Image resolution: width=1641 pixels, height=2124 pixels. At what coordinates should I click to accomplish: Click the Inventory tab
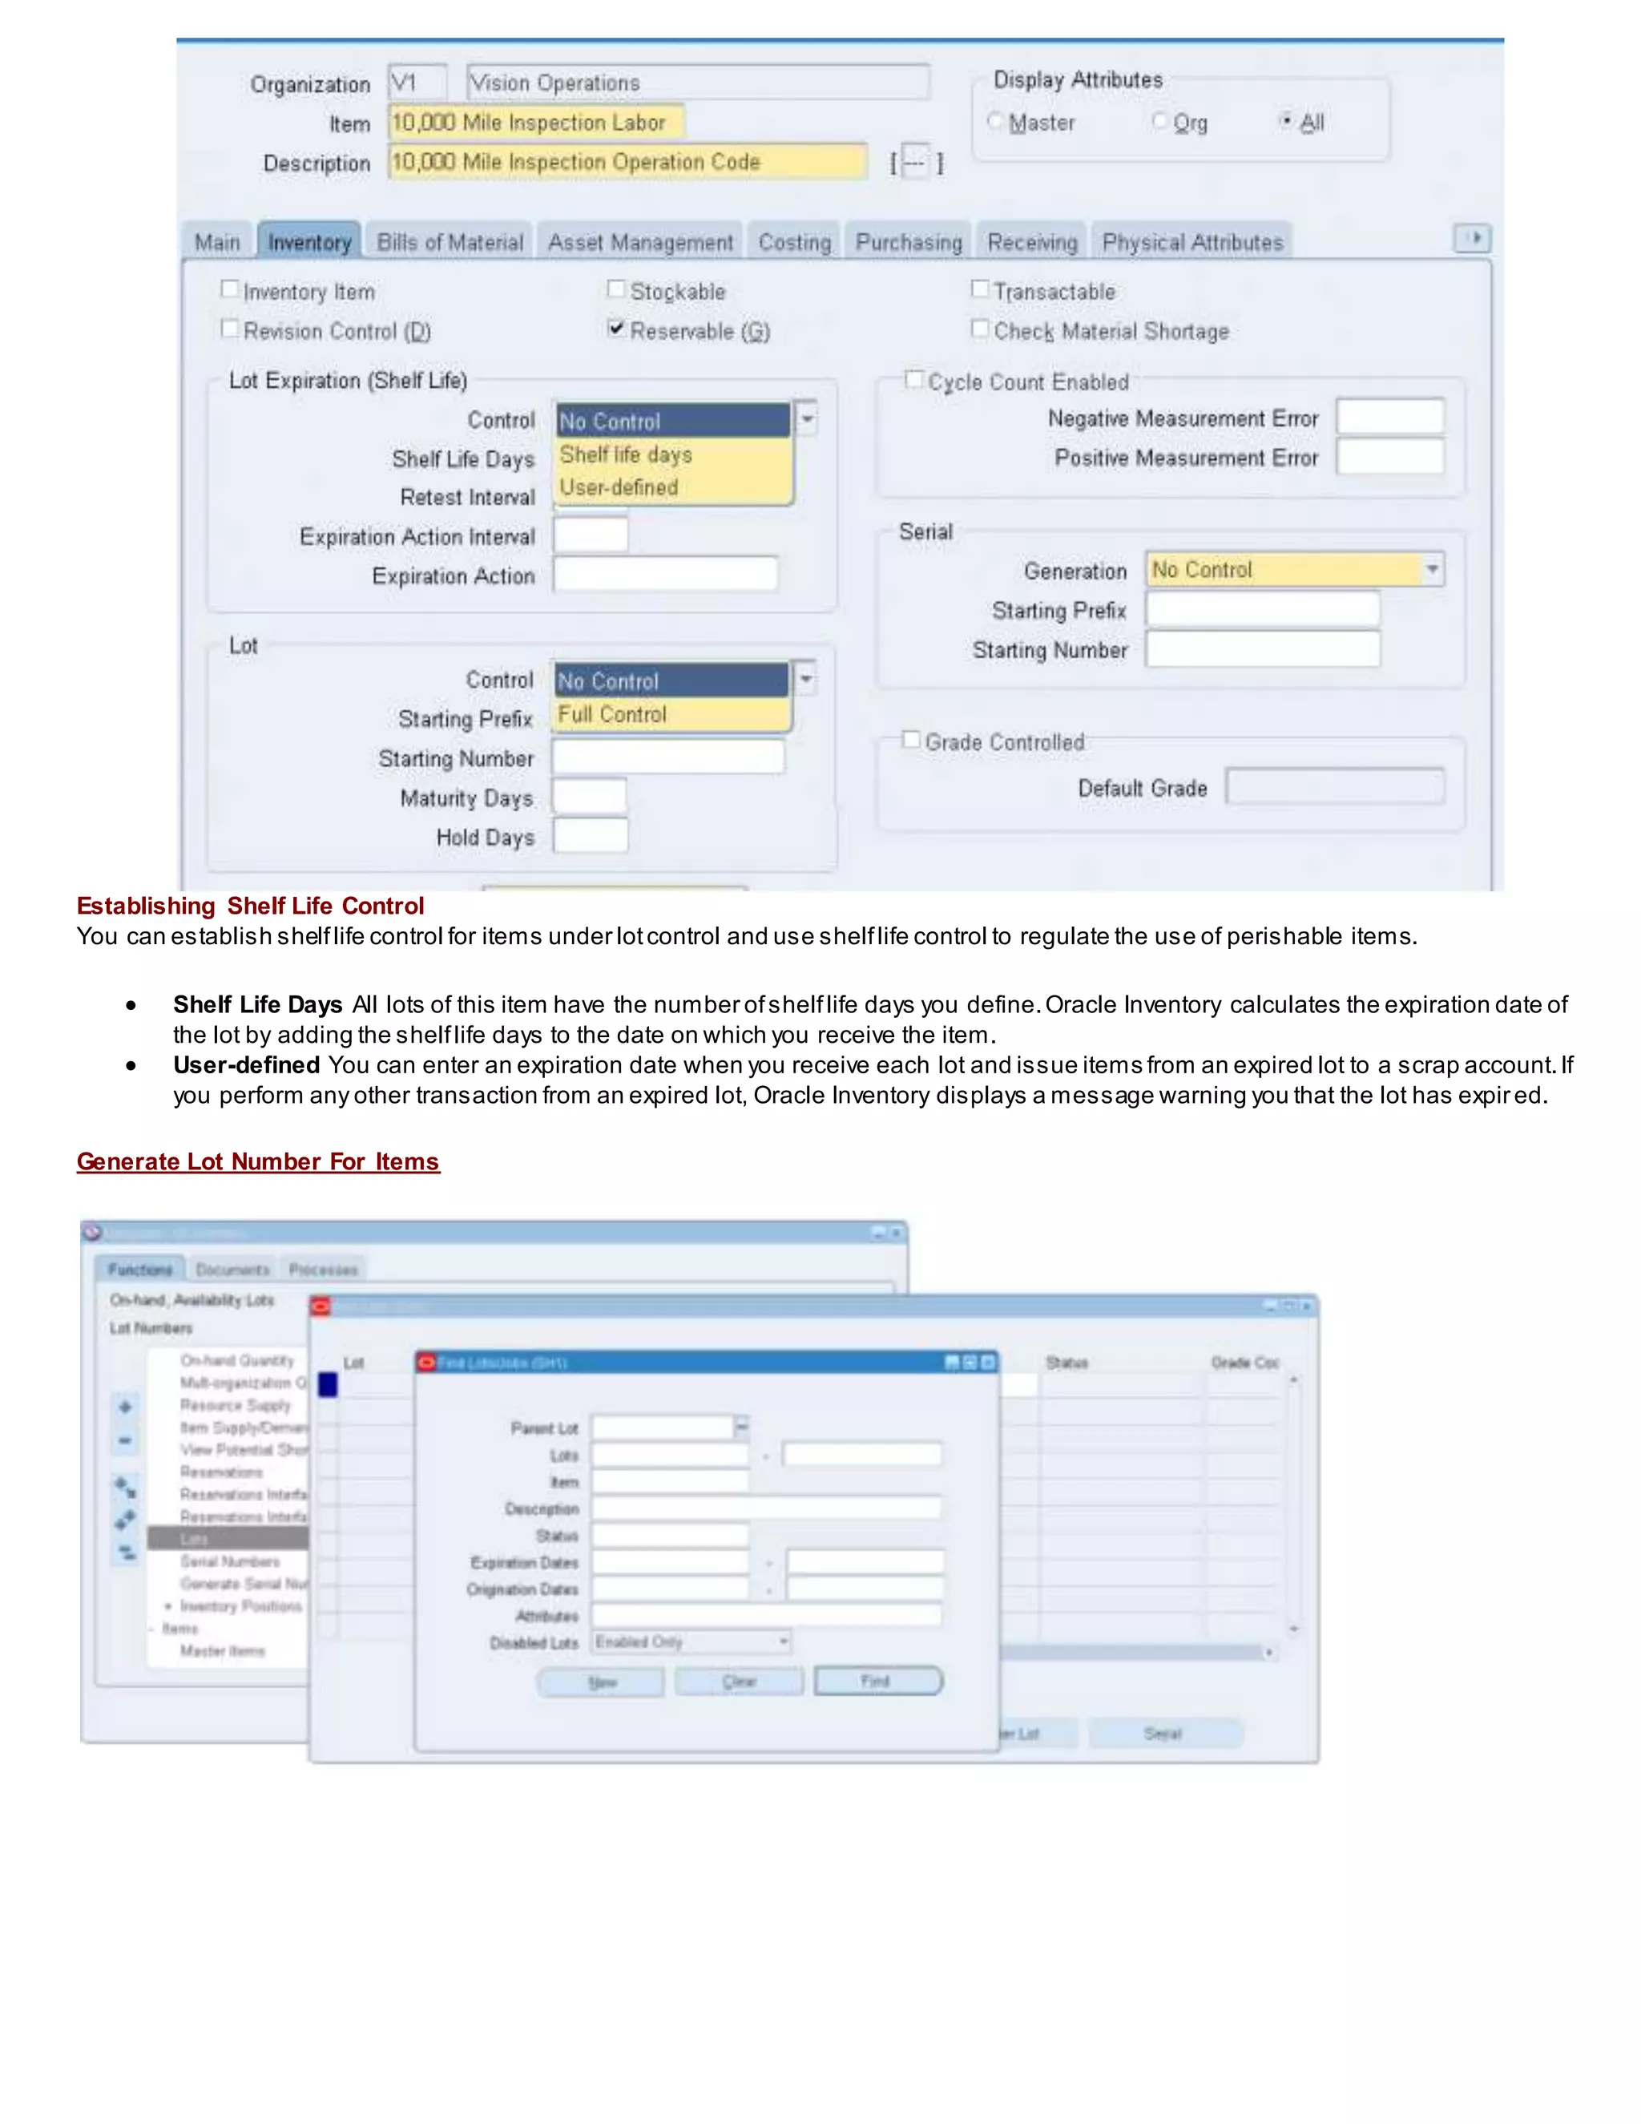pyautogui.click(x=309, y=242)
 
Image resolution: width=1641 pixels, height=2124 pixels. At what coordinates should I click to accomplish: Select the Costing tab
pyautogui.click(x=794, y=242)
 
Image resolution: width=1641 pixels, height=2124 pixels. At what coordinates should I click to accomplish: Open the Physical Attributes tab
pyautogui.click(x=1191, y=242)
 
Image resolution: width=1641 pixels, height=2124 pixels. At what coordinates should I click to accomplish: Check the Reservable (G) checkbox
pyautogui.click(x=616, y=329)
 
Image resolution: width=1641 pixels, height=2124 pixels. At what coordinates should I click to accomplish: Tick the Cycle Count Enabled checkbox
pyautogui.click(x=913, y=379)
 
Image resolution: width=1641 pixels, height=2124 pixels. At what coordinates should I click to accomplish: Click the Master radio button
pyautogui.click(x=994, y=122)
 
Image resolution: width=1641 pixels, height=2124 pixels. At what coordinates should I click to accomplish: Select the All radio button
pyautogui.click(x=1286, y=120)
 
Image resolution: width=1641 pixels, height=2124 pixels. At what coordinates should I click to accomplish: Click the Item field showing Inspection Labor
pyautogui.click(x=536, y=123)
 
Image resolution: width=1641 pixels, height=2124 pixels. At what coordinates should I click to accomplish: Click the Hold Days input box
pyautogui.click(x=590, y=836)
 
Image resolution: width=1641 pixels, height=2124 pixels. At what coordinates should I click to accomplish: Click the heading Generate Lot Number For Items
pyautogui.click(x=258, y=1161)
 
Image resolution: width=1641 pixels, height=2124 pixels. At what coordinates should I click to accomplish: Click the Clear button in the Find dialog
pyautogui.click(x=739, y=1681)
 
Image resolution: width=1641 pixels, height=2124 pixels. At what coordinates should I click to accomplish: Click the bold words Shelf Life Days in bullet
pyautogui.click(x=258, y=1004)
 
